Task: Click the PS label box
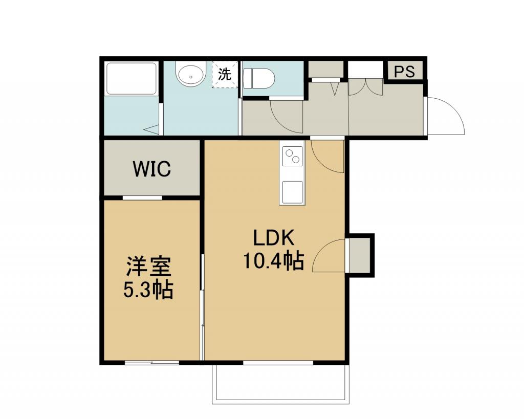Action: (404, 71)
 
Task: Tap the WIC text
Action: (152, 169)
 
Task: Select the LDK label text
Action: (273, 237)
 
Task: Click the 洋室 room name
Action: (149, 267)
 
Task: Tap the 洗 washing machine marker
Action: (225, 74)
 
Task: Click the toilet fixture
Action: (258, 78)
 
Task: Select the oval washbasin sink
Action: (190, 76)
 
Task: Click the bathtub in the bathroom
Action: (132, 79)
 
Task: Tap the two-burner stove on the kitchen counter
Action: (292, 157)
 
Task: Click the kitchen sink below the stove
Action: (292, 192)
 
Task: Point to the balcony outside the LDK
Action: (281, 384)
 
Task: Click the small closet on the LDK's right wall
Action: (360, 255)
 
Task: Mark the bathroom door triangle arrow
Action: (152, 129)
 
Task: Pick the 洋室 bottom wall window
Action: (152, 363)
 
